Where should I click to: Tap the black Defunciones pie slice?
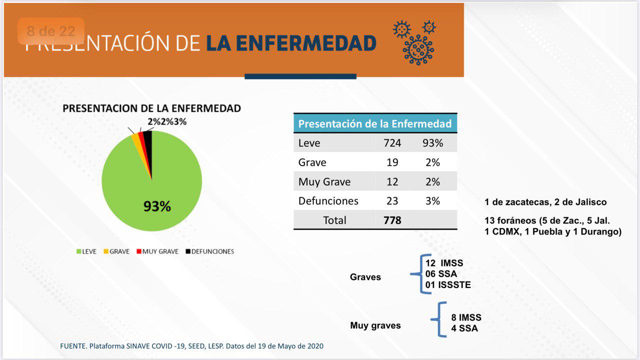click(x=148, y=145)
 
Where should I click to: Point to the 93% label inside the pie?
click(x=157, y=206)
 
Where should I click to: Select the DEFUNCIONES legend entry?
click(x=209, y=251)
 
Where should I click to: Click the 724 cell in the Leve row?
click(x=392, y=143)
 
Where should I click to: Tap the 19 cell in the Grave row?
click(x=392, y=162)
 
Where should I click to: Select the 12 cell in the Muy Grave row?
click(x=392, y=181)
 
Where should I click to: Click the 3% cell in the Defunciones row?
click(x=432, y=201)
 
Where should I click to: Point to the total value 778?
click(x=392, y=220)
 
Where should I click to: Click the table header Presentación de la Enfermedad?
click(x=375, y=123)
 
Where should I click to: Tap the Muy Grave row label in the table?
click(x=324, y=181)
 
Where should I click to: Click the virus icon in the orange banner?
click(x=415, y=42)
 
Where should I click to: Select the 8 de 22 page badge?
click(x=51, y=31)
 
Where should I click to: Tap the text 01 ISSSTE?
click(x=448, y=285)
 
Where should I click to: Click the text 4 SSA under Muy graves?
click(x=464, y=328)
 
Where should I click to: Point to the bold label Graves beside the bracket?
click(x=365, y=277)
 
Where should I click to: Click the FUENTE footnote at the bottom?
click(x=191, y=346)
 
